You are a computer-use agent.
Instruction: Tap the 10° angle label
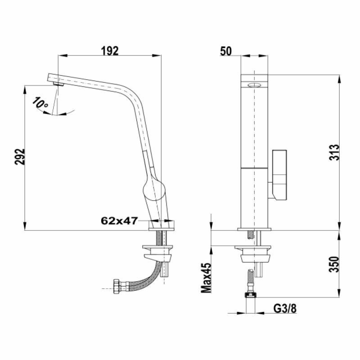pyautogui.click(x=40, y=103)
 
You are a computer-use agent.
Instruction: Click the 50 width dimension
pyautogui.click(x=225, y=50)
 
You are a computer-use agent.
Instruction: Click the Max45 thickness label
pyautogui.click(x=207, y=278)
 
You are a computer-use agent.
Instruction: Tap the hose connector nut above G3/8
pyautogui.click(x=250, y=295)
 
